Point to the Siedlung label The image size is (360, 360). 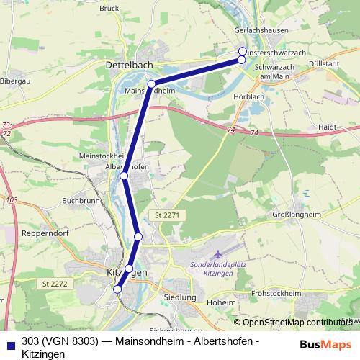click(x=180, y=297)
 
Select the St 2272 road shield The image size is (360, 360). click(x=55, y=284)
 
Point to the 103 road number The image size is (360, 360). click(x=11, y=199)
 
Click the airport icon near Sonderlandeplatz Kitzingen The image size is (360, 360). click(x=220, y=254)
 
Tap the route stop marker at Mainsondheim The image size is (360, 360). click(x=151, y=84)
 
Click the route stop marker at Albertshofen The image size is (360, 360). click(x=124, y=176)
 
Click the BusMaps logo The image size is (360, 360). click(x=325, y=344)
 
